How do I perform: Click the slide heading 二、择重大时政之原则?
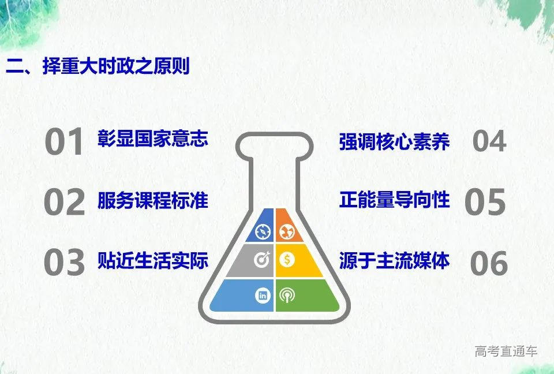tap(98, 66)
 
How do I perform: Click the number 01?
tap(64, 142)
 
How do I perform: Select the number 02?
tap(64, 202)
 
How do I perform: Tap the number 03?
tap(64, 262)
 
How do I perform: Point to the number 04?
tap(489, 141)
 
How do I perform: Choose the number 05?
tap(485, 201)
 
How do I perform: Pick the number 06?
tap(489, 263)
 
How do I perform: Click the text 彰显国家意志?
tap(152, 138)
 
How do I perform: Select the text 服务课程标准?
tap(152, 200)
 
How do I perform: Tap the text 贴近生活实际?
tap(152, 260)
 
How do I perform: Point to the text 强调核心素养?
tap(394, 142)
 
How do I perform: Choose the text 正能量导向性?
tap(394, 200)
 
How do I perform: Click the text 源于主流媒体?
tap(394, 260)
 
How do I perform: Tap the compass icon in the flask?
tap(263, 232)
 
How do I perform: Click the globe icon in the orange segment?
tap(287, 232)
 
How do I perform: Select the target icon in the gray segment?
tap(262, 260)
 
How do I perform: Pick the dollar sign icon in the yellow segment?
tap(287, 260)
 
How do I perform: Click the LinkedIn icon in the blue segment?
tap(263, 296)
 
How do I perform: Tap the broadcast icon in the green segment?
tap(287, 296)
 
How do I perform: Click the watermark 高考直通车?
tap(506, 351)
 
